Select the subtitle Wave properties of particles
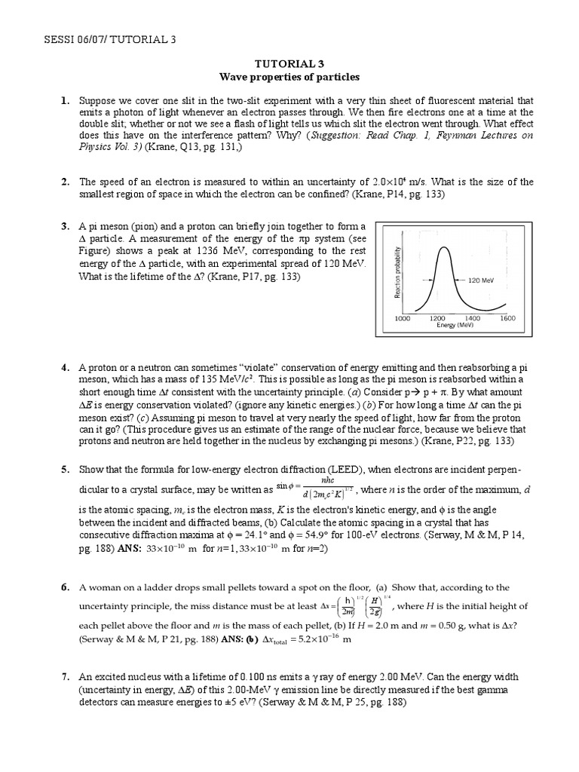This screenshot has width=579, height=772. click(289, 77)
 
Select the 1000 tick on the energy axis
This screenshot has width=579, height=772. click(404, 318)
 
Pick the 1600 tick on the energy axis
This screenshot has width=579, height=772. click(507, 318)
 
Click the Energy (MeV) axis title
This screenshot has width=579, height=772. click(455, 326)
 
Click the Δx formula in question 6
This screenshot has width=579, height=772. click(359, 606)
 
